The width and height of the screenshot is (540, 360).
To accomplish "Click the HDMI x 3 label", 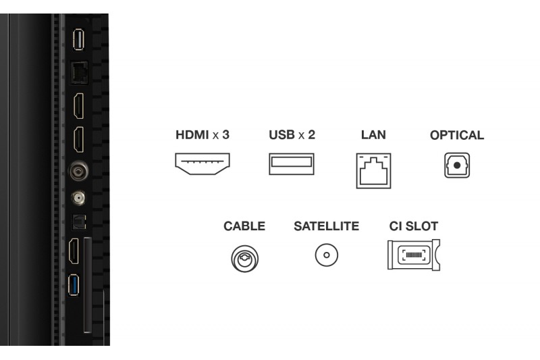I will tap(202, 134).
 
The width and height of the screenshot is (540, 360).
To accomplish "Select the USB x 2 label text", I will tap(292, 134).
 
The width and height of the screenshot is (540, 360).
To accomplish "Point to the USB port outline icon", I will tap(292, 164).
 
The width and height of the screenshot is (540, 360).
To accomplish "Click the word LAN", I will tap(373, 134).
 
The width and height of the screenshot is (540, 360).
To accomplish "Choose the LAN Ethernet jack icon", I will tap(373, 169).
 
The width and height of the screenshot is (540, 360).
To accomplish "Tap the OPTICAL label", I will tap(457, 135).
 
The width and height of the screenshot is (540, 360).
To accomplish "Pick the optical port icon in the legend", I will tap(457, 165).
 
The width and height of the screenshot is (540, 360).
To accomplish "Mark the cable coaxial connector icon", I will tap(244, 257).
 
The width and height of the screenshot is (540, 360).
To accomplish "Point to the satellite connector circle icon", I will tap(327, 256).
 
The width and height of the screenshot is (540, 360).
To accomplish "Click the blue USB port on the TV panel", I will tap(76, 286).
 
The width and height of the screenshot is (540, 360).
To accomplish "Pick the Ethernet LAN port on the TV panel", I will tap(77, 72).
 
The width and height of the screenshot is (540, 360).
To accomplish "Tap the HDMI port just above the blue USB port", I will tap(76, 251).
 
